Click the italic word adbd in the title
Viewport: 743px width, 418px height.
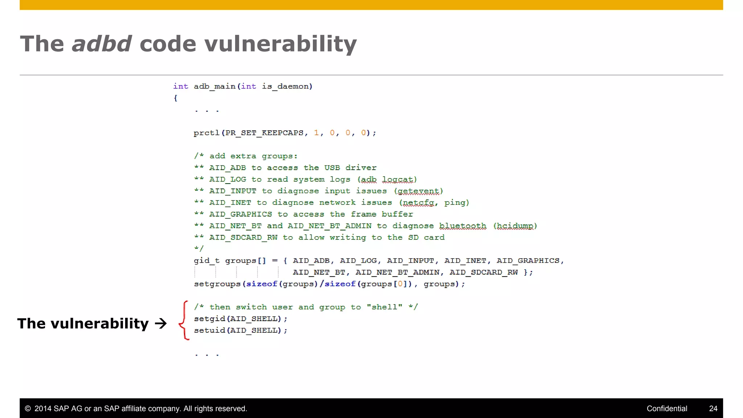tap(102, 44)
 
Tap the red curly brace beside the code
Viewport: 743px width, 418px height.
tap(184, 320)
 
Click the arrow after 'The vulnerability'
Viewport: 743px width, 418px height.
tap(161, 323)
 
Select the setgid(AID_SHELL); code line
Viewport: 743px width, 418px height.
tap(241, 319)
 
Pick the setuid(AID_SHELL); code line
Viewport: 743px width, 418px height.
tap(241, 331)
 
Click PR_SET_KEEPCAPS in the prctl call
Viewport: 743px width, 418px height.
tap(264, 133)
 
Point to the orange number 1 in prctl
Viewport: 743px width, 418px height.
tap(316, 133)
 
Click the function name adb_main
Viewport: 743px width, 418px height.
tap(214, 86)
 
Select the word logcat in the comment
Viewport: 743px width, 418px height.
tap(398, 180)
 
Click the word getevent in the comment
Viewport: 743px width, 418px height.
tap(419, 191)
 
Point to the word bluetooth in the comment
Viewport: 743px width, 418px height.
tap(463, 226)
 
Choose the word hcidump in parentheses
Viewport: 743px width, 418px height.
tap(515, 226)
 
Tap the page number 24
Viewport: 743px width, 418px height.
tap(713, 409)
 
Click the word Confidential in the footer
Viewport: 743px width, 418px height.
tap(667, 409)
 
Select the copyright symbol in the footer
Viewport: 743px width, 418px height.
tap(28, 409)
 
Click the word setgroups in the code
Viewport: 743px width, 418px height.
tap(217, 284)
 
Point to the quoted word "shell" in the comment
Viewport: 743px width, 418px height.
tap(385, 307)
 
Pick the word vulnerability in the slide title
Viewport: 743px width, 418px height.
tap(280, 44)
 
